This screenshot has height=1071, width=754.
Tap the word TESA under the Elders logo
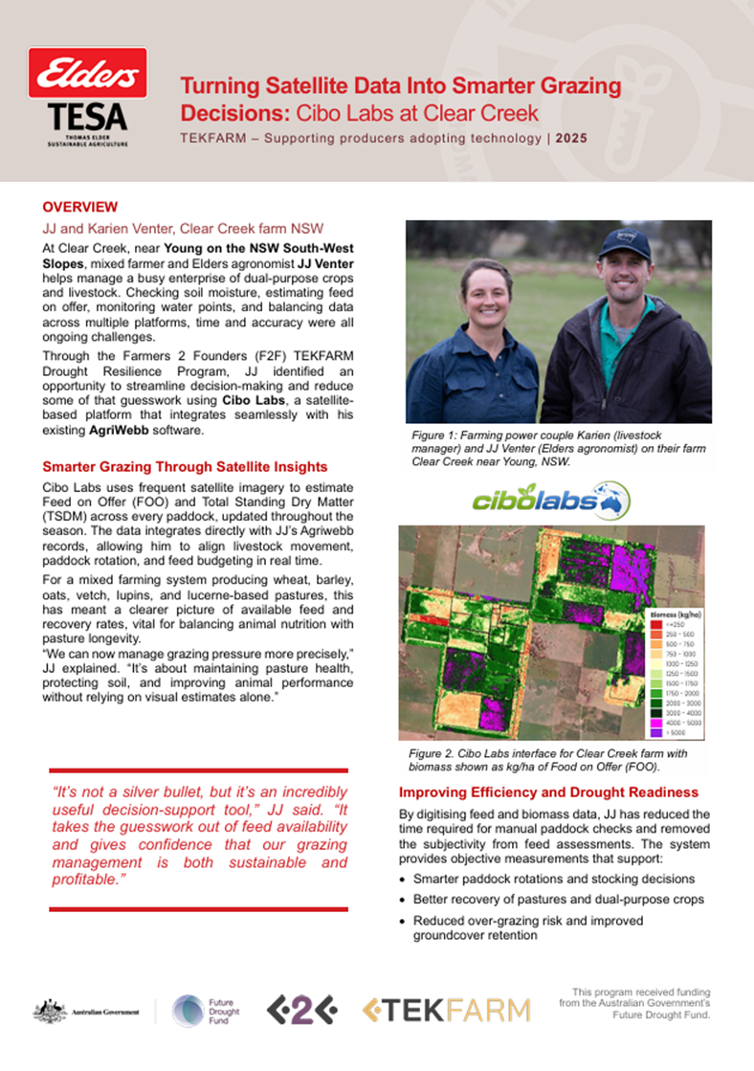pyautogui.click(x=87, y=117)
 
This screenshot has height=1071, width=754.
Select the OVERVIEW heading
pyautogui.click(x=80, y=207)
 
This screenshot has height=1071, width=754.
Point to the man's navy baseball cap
pyautogui.click(x=624, y=245)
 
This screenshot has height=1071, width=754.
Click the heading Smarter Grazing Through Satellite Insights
pyautogui.click(x=185, y=467)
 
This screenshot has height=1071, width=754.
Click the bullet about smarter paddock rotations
pyautogui.click(x=553, y=879)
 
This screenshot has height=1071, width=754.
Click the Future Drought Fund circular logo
pyautogui.click(x=187, y=1011)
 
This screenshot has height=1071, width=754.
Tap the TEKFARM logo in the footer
pyautogui.click(x=447, y=1011)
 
